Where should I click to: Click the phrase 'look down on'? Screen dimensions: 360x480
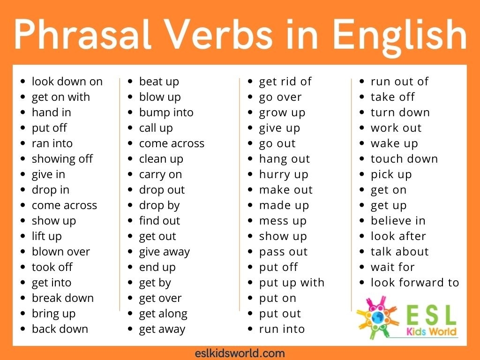click(x=67, y=82)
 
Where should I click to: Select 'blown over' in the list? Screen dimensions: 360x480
click(x=61, y=252)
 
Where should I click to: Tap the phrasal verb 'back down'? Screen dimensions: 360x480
click(x=60, y=329)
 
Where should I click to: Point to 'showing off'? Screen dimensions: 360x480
click(x=62, y=159)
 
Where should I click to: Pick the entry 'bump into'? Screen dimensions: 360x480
click(x=166, y=112)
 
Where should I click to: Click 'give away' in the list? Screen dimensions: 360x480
click(x=165, y=252)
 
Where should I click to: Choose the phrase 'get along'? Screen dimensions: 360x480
click(x=163, y=314)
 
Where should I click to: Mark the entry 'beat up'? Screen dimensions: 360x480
click(x=159, y=82)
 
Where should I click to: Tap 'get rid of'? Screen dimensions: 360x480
click(x=285, y=82)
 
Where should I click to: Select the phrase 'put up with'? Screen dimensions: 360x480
click(x=292, y=283)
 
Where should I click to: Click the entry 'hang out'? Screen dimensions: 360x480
click(x=285, y=159)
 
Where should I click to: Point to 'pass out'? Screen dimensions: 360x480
click(x=283, y=252)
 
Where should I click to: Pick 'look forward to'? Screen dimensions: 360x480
click(x=415, y=283)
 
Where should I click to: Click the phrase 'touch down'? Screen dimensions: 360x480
click(x=404, y=159)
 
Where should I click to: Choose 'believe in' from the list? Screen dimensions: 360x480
click(x=398, y=221)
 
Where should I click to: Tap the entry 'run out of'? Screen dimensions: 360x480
click(x=399, y=82)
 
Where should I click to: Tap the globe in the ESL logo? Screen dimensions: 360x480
click(x=376, y=317)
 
